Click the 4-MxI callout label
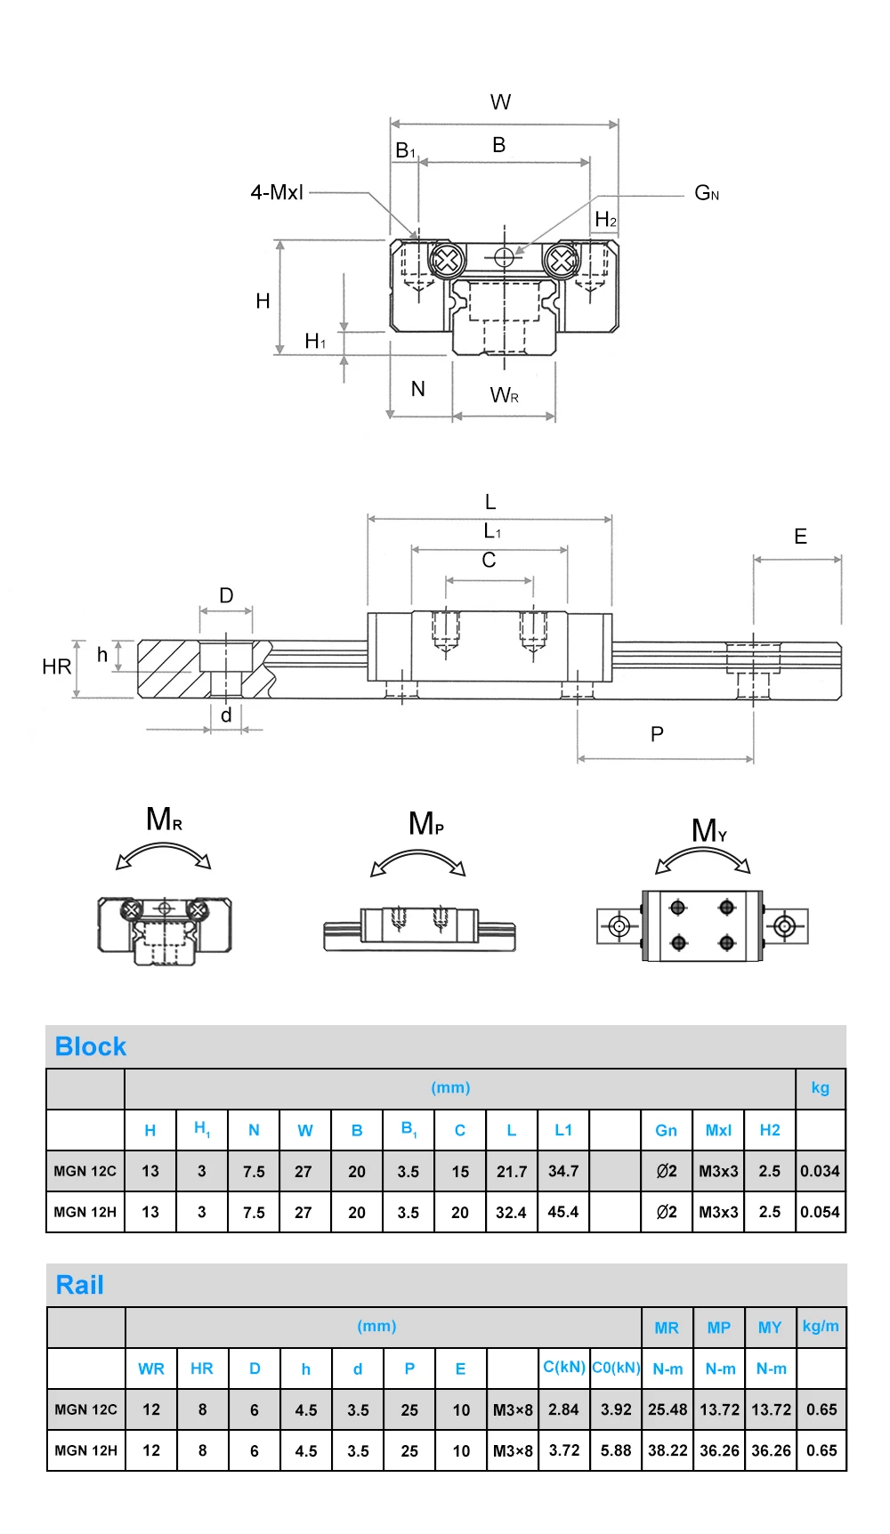[277, 192]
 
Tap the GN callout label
[707, 193]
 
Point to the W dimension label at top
[500, 102]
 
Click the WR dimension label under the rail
[505, 395]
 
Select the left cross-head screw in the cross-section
[448, 261]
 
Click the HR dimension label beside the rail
[56, 666]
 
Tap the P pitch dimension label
[657, 734]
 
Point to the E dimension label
[800, 537]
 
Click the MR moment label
[165, 819]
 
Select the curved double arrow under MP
[418, 854]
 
